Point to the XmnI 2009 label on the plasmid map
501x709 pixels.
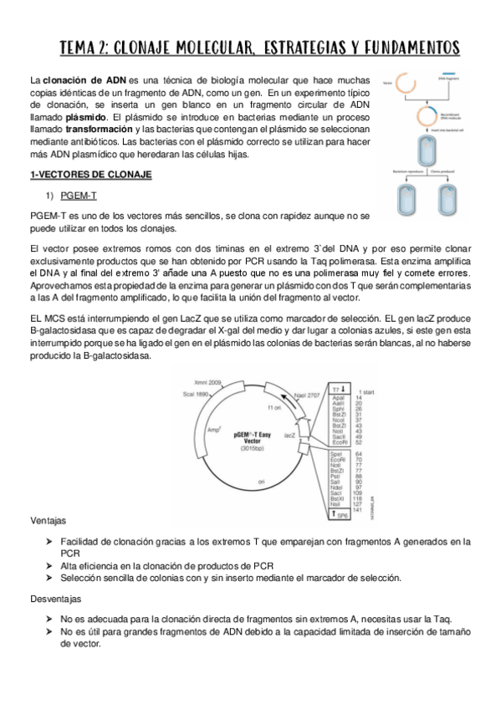pos(208,379)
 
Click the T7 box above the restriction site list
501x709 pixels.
pos(336,390)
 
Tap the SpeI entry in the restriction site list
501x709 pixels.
pos(335,454)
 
